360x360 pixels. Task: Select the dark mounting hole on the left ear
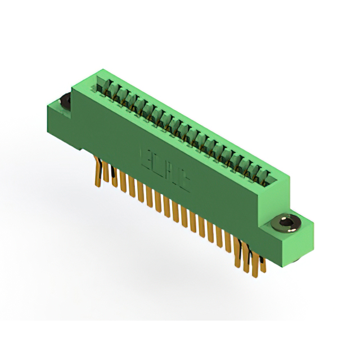click(64, 101)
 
